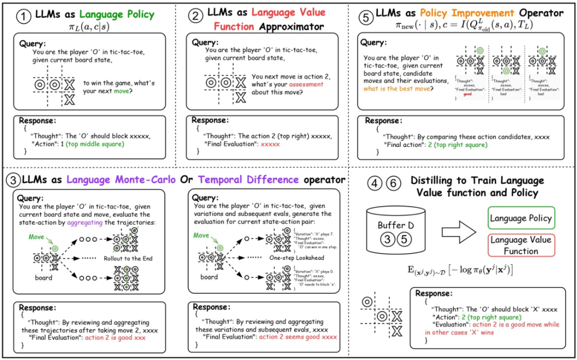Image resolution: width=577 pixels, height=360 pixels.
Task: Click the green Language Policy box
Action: pos(520,218)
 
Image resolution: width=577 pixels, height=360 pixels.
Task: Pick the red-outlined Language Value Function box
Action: pos(520,246)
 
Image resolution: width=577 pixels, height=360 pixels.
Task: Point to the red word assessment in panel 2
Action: pos(306,84)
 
